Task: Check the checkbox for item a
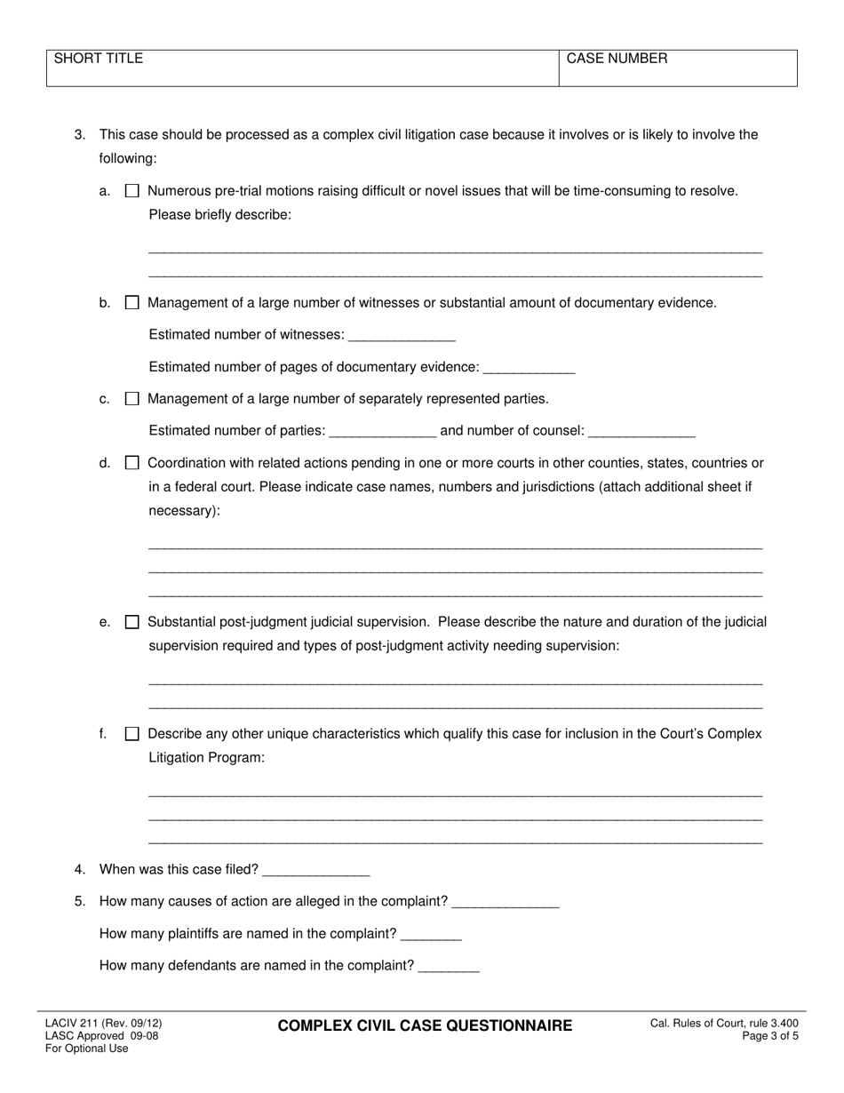coord(132,191)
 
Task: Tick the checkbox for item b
coord(132,303)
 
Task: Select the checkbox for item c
coord(132,399)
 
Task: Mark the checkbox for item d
coord(132,463)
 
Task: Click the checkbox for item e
coord(132,622)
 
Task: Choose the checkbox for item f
coord(132,734)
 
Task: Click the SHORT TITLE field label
coord(99,60)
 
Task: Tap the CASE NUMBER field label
coord(617,60)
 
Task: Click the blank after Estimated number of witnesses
coord(402,335)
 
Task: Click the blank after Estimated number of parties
coord(382,431)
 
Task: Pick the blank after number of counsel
coord(641,431)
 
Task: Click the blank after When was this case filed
coord(316,870)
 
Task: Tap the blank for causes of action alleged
coord(506,902)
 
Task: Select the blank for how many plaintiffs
coord(432,934)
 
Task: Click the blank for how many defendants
coord(449,966)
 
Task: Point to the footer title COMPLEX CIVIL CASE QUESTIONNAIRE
coord(425,1026)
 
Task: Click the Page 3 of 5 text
coord(775,1036)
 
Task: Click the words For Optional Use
coord(87,1049)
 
